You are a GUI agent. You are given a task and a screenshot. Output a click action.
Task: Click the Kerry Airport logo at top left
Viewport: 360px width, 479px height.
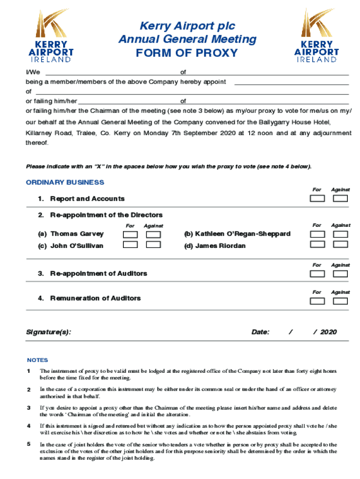coord(51,36)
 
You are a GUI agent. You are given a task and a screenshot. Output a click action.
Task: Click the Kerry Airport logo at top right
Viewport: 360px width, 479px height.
coord(317,36)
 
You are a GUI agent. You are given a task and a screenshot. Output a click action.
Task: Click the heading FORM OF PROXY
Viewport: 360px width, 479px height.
coord(187,53)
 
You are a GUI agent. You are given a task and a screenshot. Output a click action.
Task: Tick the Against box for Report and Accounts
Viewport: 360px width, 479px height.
coord(340,198)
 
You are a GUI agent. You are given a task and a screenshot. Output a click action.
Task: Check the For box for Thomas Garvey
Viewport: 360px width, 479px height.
coord(130,234)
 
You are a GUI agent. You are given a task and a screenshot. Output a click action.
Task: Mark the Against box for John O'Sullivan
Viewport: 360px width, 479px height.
coord(153,245)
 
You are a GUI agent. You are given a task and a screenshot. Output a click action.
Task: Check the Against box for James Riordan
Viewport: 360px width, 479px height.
coord(340,245)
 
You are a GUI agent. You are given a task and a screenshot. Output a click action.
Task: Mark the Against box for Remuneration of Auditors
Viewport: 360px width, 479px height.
coord(340,301)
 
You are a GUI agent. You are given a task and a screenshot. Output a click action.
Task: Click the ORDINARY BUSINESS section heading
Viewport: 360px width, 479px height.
coord(65,182)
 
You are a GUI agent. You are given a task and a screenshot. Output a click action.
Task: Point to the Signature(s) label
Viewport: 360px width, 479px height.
coord(49,332)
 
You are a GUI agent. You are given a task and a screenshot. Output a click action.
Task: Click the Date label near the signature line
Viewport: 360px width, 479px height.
coord(260,332)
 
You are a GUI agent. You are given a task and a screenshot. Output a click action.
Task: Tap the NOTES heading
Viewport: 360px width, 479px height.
coord(37,360)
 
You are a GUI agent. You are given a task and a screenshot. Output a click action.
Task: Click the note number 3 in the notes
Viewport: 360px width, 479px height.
coord(29,407)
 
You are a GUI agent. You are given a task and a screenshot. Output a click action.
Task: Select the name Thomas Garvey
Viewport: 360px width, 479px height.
coord(77,234)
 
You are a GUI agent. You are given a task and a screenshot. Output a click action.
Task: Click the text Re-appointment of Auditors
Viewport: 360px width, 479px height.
coord(98,274)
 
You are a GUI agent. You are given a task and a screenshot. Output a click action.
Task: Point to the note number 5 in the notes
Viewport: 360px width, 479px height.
coord(29,444)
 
